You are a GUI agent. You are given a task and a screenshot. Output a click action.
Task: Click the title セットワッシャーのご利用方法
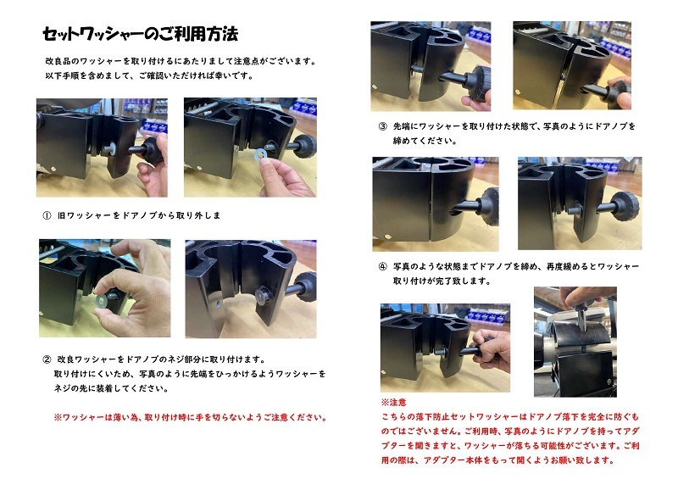click(140, 35)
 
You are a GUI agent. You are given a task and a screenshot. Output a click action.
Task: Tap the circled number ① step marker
click(46, 215)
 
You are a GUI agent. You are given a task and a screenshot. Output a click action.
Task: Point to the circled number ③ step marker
click(382, 126)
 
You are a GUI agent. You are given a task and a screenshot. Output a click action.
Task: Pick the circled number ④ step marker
click(382, 266)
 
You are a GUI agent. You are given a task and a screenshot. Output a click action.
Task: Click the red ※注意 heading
click(394, 402)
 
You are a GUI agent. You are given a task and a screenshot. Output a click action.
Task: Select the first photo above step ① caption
click(102, 148)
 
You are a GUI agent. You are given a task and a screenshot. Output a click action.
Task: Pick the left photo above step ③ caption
click(431, 66)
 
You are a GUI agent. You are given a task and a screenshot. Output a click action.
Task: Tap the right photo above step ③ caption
click(571, 66)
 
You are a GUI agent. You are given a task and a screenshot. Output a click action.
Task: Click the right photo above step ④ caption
click(579, 203)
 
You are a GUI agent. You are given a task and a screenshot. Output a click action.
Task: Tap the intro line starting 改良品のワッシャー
click(181, 62)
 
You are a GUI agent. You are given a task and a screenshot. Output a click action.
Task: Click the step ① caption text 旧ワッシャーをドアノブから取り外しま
click(139, 215)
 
